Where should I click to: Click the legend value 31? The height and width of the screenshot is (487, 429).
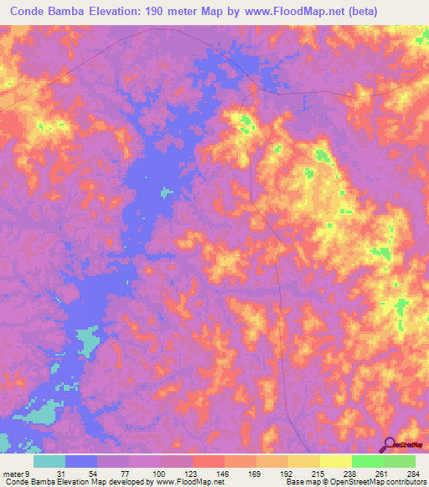[x=61, y=473]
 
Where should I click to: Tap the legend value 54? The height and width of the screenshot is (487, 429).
[x=93, y=473]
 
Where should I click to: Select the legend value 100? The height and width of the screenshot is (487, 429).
[x=157, y=473]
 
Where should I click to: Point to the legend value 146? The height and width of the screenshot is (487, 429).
[x=221, y=473]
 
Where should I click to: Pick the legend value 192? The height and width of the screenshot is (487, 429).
[x=286, y=473]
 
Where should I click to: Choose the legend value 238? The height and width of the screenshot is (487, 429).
[x=349, y=473]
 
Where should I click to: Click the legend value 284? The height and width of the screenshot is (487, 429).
[x=412, y=473]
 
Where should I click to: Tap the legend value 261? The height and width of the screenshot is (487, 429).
[x=381, y=473]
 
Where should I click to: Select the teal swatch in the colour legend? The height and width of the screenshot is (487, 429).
[x=49, y=461]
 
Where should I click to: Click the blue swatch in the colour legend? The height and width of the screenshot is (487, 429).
[x=81, y=461]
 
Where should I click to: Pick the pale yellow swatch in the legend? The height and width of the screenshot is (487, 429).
[x=336, y=461]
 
